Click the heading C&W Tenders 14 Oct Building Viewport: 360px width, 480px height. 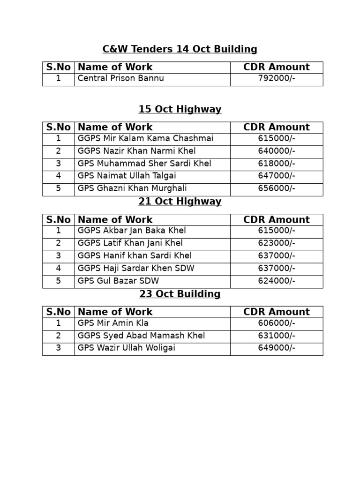[180, 49]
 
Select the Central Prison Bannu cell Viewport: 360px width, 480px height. [120, 79]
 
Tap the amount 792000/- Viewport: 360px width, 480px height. [276, 79]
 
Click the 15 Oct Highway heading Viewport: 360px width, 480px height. [180, 110]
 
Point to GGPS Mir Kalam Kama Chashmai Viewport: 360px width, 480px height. [145, 139]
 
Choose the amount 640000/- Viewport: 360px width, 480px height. [276, 151]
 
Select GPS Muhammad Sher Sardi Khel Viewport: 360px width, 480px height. [144, 164]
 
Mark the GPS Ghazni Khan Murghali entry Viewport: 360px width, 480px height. [132, 189]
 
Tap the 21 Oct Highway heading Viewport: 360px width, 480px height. [180, 202]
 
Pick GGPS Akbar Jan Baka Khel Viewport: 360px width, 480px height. [132, 231]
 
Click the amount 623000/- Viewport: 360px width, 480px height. [276, 244]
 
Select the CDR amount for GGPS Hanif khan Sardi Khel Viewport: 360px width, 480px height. [276, 256]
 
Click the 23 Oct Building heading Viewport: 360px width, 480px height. [180, 294]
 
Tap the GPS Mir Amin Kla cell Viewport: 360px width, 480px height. [113, 323]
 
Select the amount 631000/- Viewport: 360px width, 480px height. [276, 336]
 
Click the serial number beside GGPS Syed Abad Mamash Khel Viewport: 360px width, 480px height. [58, 336]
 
